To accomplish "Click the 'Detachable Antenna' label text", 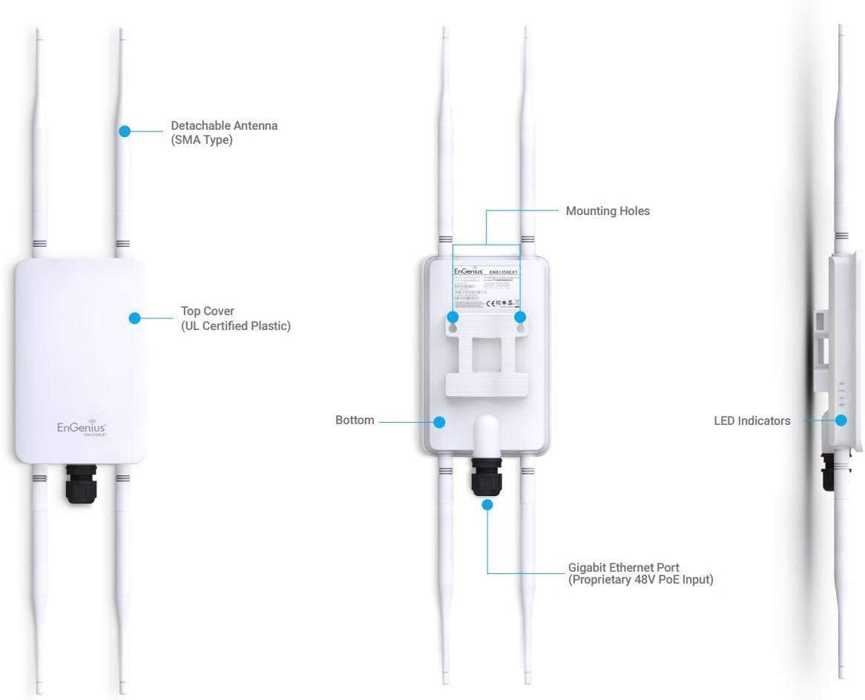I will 224,126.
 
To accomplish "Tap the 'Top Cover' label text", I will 208,311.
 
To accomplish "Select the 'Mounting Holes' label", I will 607,211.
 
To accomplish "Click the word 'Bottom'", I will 355,420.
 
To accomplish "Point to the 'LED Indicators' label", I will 751,421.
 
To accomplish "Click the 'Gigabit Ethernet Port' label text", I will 623,568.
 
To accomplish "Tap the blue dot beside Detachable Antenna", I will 125,131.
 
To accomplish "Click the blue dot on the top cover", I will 134,318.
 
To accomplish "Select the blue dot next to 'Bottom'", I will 439,422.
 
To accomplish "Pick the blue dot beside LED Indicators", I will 841,420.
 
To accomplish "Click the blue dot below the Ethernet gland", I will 487,505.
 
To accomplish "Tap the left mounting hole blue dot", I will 453,317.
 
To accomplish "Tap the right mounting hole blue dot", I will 520,317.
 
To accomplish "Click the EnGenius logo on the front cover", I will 82,427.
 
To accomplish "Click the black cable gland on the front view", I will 81,483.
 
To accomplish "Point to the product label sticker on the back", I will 486,289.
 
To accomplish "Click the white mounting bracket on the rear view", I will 487,363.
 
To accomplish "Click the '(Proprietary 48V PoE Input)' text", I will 640,580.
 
